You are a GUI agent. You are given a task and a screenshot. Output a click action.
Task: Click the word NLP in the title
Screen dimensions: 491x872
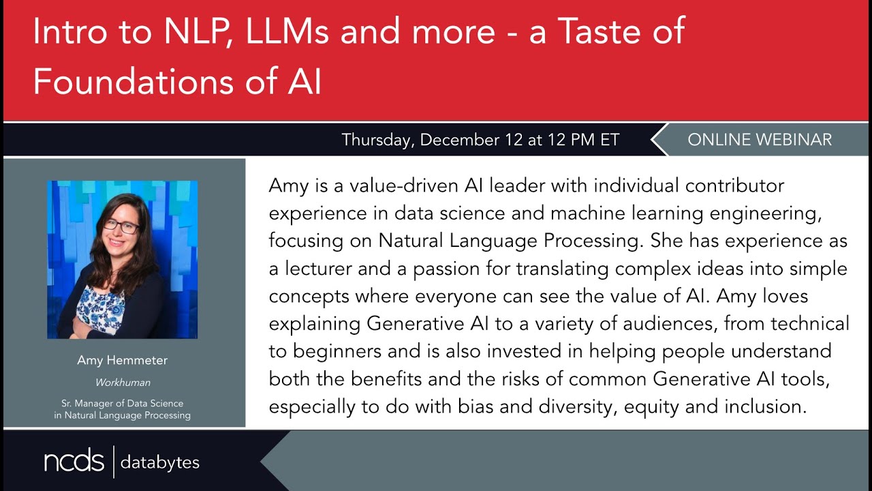point(176,33)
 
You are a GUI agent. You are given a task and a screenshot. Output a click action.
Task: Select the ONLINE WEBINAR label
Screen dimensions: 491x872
point(760,140)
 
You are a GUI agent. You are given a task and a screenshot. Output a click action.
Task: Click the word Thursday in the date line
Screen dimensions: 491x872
point(377,140)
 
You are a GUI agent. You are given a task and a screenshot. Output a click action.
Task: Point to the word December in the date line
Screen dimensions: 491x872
point(463,140)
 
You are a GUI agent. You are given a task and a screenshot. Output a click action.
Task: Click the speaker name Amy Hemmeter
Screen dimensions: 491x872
point(122,361)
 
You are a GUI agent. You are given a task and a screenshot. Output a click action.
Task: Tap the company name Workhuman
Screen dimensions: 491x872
point(122,383)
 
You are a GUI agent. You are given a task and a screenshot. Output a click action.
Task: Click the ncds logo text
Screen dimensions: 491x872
point(74,462)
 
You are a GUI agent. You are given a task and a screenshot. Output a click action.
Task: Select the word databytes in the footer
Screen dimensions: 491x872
point(160,462)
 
